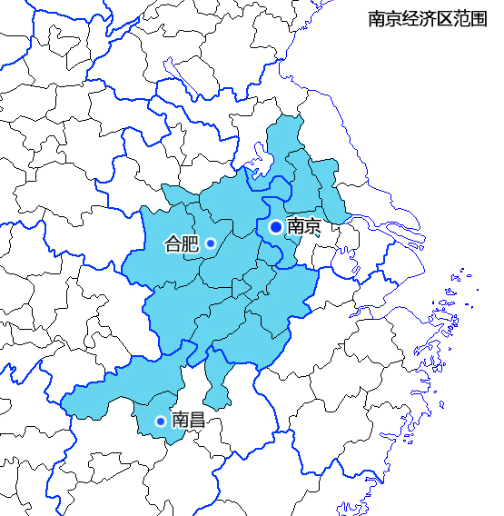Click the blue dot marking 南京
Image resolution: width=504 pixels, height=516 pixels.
276,226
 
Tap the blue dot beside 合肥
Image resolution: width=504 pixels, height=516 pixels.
210,243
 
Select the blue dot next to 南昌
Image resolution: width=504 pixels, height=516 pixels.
161,421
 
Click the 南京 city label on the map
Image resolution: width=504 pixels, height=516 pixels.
303,227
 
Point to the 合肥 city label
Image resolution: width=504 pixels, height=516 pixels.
181,243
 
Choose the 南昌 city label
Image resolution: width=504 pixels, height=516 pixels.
188,420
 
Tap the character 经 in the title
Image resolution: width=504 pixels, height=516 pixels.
410,19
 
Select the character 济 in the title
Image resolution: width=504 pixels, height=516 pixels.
427,19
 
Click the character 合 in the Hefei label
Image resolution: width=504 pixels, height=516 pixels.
173,243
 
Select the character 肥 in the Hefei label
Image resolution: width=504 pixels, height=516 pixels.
190,243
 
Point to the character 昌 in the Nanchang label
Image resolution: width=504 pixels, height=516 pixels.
197,420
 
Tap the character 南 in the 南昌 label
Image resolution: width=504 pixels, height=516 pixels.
180,420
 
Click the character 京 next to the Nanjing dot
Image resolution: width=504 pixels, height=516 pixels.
312,227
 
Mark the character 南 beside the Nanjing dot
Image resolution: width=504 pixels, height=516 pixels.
295,227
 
